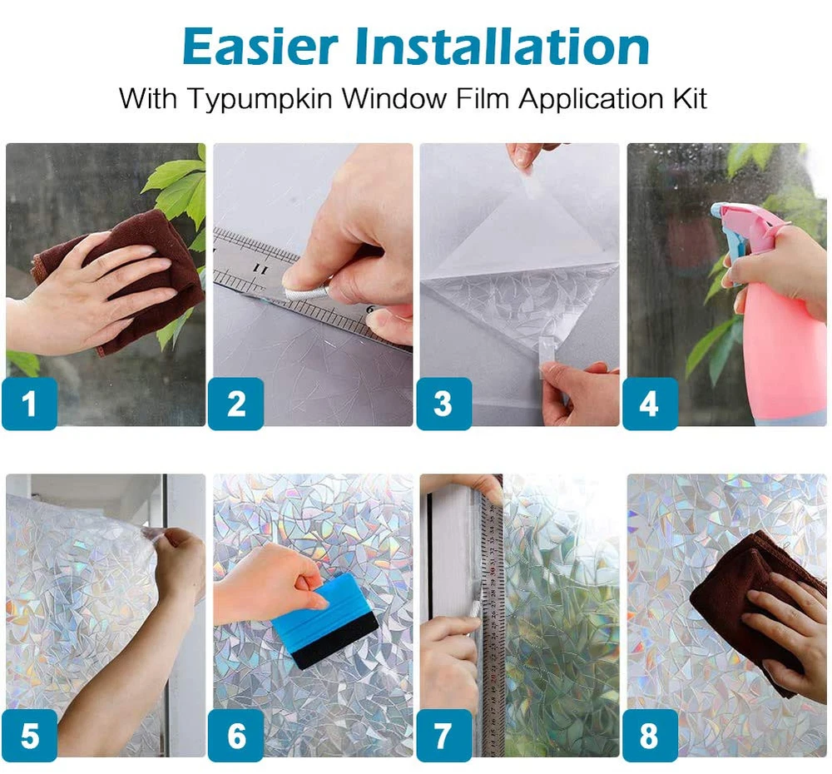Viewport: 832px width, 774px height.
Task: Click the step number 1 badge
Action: tap(30, 404)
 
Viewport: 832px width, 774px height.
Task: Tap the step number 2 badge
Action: tap(236, 404)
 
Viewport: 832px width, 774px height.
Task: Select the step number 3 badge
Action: tap(444, 404)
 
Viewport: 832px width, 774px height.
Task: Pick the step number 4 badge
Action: tap(650, 404)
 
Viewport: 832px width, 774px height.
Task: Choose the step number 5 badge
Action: tap(30, 735)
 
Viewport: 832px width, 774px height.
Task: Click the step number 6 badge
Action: tap(236, 735)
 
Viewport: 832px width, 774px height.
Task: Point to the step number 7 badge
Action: tap(444, 735)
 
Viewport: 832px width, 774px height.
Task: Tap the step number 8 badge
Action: tap(650, 735)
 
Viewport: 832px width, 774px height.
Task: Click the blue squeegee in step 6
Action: tap(324, 621)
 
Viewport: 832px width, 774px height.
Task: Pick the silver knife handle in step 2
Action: tap(308, 286)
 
